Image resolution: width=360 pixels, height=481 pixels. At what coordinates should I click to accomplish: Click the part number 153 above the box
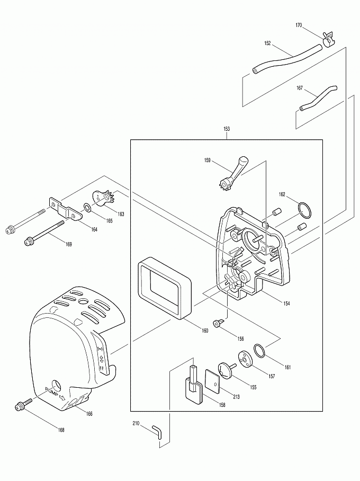coord(227,129)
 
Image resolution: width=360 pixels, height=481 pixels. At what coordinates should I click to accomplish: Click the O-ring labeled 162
coord(303,210)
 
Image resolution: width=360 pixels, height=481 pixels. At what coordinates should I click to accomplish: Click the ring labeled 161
coord(259,350)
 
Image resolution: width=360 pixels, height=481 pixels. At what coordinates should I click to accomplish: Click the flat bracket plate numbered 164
coord(66,208)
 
